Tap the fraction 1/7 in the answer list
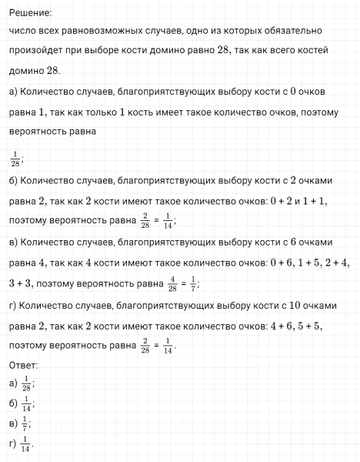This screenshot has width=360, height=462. (25, 424)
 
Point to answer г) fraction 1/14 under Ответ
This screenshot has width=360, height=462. (27, 445)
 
